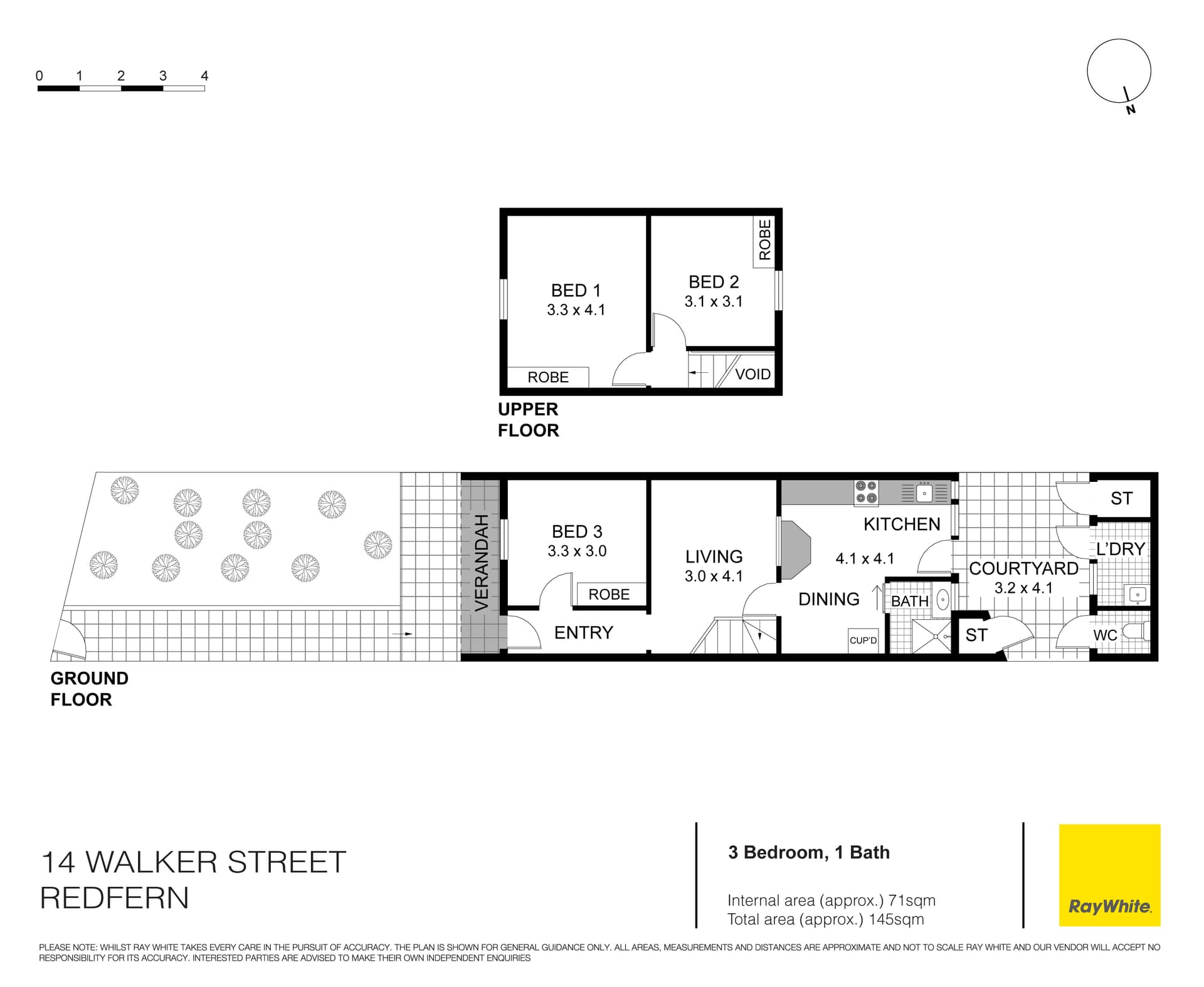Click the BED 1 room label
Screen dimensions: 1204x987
click(x=576, y=290)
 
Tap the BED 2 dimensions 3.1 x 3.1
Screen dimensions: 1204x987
click(x=714, y=301)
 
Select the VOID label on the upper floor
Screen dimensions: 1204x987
click(x=752, y=374)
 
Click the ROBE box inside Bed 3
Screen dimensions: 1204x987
click(x=609, y=594)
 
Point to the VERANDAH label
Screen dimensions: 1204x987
click(x=481, y=562)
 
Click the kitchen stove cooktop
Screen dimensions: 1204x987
click(x=866, y=492)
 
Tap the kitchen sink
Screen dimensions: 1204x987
click(x=924, y=493)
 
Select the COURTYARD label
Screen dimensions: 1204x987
click(x=1023, y=568)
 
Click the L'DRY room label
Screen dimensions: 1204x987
click(x=1121, y=549)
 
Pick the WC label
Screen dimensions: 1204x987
click(x=1105, y=635)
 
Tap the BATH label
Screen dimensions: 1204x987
click(x=910, y=601)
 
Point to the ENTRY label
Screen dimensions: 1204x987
click(x=583, y=632)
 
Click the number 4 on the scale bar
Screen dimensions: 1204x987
click(x=204, y=76)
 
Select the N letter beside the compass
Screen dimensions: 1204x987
click(x=1131, y=110)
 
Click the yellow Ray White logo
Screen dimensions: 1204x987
click(x=1109, y=875)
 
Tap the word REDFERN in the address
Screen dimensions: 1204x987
click(x=114, y=898)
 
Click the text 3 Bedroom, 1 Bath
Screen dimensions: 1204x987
click(x=809, y=852)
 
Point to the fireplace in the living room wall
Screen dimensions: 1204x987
click(x=795, y=550)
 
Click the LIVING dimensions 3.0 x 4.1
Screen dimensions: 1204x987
click(x=714, y=576)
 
